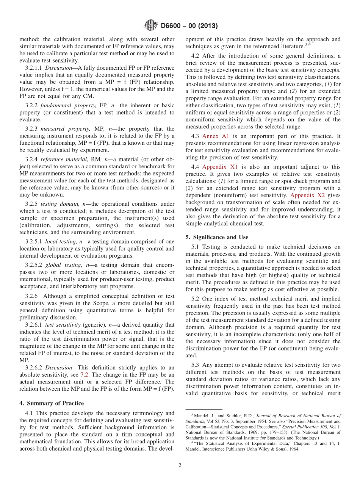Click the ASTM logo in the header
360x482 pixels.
click(150, 26)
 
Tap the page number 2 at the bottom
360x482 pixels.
click(180, 465)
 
